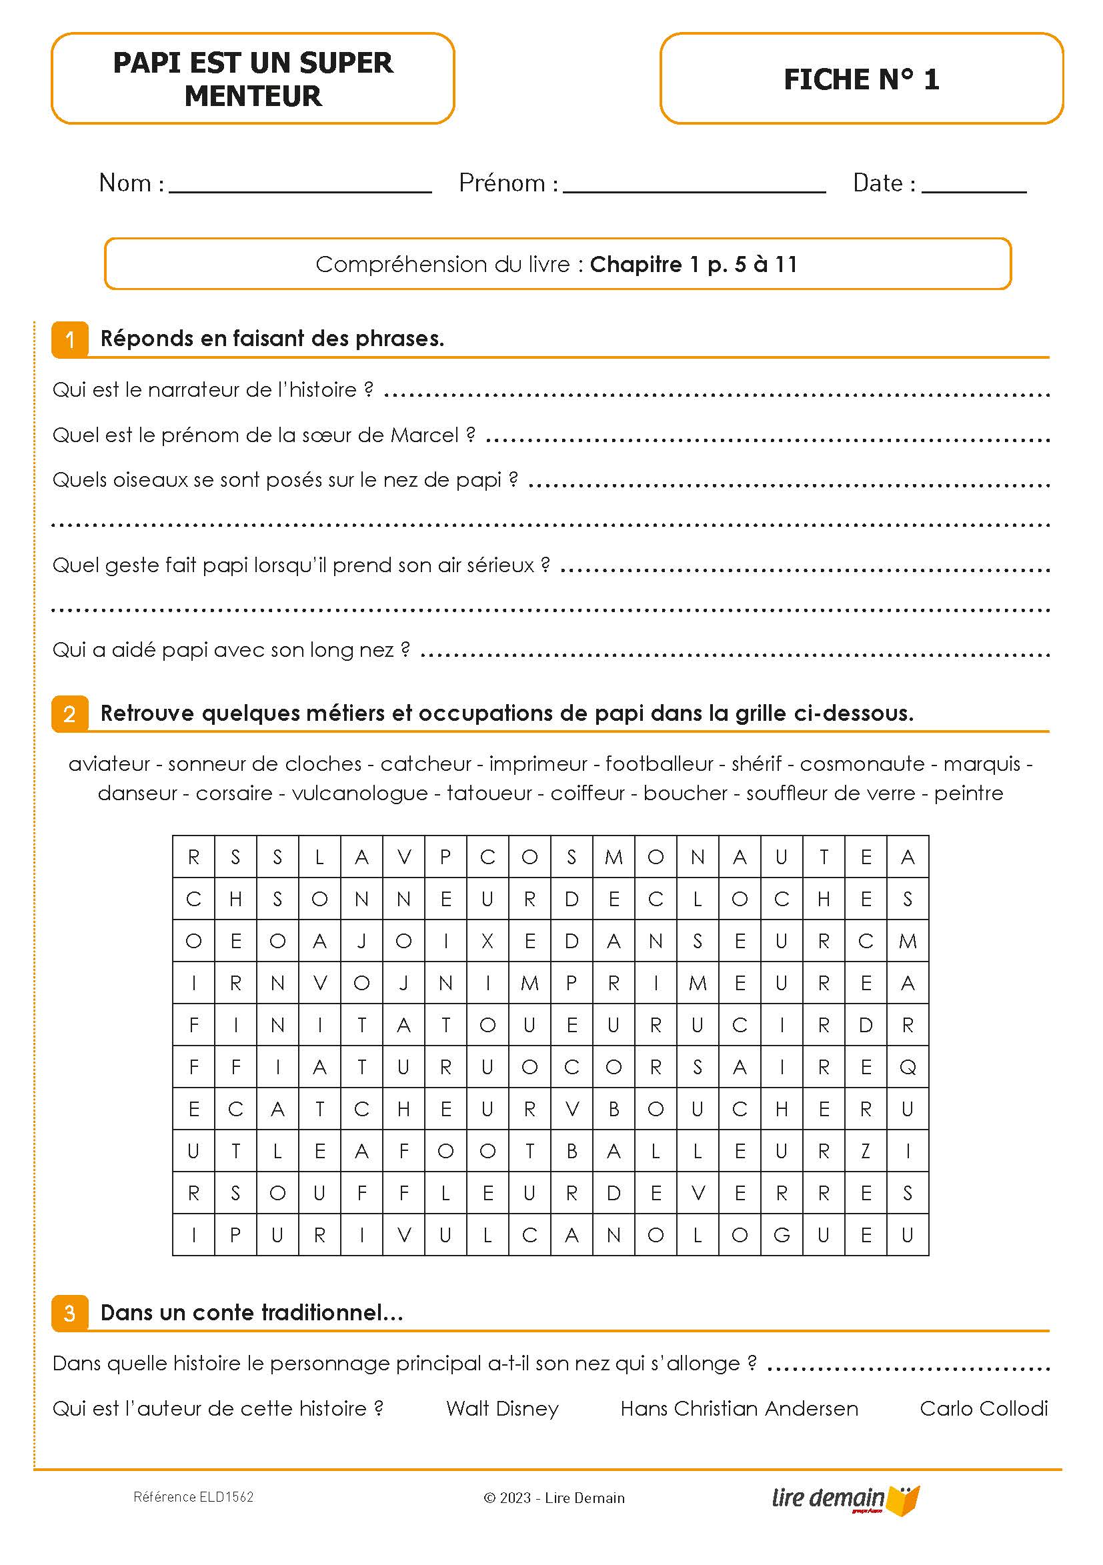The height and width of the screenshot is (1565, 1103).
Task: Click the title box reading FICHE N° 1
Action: pyautogui.click(x=861, y=79)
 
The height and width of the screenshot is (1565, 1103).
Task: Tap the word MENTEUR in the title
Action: pyautogui.click(x=252, y=96)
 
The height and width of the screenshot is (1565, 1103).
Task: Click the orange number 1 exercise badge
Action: pyautogui.click(x=69, y=339)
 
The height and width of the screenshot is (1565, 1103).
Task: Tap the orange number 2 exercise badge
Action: pyautogui.click(x=69, y=713)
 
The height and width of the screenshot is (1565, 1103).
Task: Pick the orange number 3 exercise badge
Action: pyautogui.click(x=69, y=1313)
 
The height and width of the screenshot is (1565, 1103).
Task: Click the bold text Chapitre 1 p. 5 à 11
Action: pyautogui.click(x=694, y=265)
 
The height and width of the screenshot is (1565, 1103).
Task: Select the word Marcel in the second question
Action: pyautogui.click(x=424, y=435)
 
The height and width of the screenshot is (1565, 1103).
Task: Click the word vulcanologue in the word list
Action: pyautogui.click(x=360, y=793)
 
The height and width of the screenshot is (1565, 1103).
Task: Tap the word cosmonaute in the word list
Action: pyautogui.click(x=862, y=763)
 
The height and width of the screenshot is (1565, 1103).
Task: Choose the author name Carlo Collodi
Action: pyautogui.click(x=983, y=1408)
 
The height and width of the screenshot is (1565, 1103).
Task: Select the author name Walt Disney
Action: pyautogui.click(x=502, y=1408)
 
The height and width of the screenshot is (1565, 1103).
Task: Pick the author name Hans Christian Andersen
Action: pyautogui.click(x=739, y=1408)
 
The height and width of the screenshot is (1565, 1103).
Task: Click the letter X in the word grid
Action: pyautogui.click(x=487, y=942)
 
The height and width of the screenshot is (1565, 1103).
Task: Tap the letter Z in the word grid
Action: pyautogui.click(x=866, y=1152)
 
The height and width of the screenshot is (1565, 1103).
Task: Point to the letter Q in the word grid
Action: pyautogui.click(x=908, y=1068)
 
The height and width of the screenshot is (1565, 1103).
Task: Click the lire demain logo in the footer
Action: pyautogui.click(x=846, y=1499)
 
